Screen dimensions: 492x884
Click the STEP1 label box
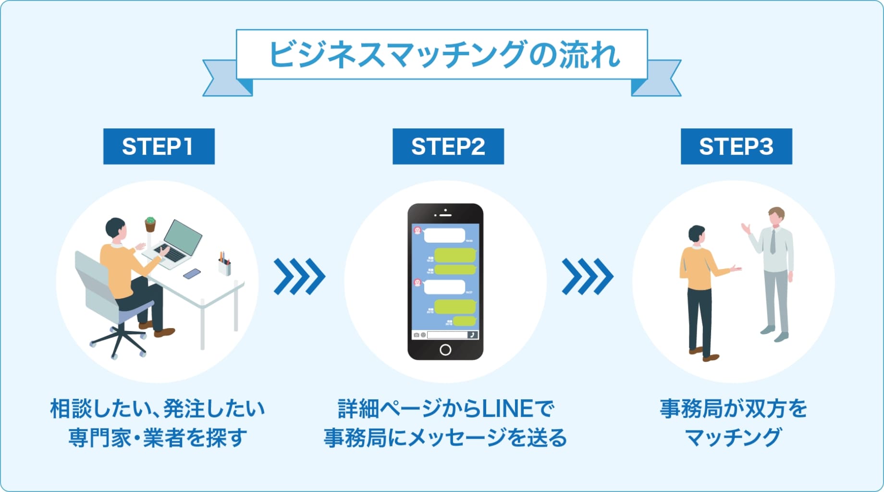click(x=159, y=147)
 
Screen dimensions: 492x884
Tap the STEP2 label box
click(x=448, y=147)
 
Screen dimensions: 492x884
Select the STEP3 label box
click(x=736, y=147)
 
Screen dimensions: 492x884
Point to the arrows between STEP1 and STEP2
click(x=299, y=276)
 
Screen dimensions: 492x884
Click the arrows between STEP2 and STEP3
click(x=587, y=276)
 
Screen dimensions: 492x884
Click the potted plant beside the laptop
click(x=150, y=224)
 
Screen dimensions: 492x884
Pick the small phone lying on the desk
click(x=192, y=273)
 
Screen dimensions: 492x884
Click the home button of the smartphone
click(x=445, y=350)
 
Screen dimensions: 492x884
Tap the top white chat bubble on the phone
click(x=444, y=235)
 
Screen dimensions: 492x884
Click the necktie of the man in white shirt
click(x=773, y=242)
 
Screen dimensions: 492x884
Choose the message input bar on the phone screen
click(x=447, y=335)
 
